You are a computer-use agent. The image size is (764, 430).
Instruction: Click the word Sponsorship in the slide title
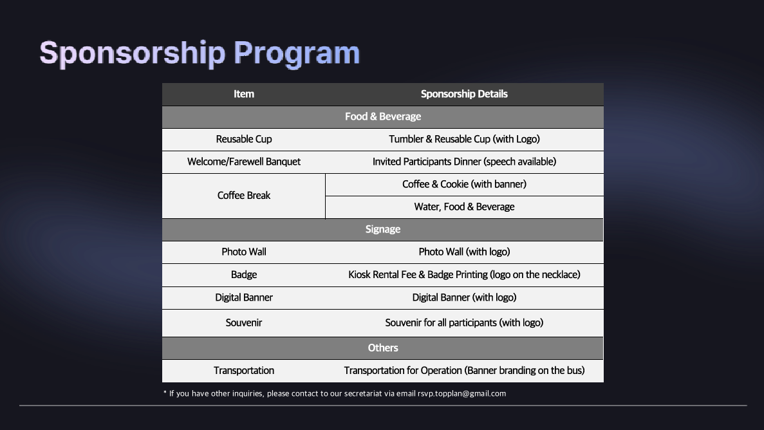(133, 53)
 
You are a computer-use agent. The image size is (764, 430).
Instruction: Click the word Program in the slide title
(297, 53)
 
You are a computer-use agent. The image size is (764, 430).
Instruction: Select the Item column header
(244, 94)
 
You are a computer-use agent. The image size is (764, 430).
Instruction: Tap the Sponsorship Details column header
(464, 94)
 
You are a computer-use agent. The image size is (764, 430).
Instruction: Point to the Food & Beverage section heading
(383, 117)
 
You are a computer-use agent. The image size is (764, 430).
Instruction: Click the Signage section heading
(383, 229)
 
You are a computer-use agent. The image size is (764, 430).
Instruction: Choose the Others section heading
(383, 348)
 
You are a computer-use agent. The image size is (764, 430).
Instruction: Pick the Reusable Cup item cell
(244, 140)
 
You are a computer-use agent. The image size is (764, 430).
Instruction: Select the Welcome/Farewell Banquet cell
(244, 162)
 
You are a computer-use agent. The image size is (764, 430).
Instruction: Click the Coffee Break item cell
(244, 196)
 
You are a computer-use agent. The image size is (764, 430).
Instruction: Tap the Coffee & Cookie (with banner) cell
(464, 184)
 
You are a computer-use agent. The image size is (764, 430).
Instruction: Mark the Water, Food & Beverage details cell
(464, 207)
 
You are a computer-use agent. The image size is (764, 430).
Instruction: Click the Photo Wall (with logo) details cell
(464, 252)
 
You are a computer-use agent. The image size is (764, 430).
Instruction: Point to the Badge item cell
(244, 274)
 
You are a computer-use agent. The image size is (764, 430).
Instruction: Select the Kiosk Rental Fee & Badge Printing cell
(464, 274)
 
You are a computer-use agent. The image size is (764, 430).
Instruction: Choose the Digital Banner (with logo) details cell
(464, 297)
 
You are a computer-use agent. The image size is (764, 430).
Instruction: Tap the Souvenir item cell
(244, 322)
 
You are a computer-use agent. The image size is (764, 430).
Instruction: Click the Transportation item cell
(244, 371)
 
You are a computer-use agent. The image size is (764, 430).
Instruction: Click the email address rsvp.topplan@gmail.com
(462, 394)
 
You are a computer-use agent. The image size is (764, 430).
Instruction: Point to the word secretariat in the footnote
(363, 393)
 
